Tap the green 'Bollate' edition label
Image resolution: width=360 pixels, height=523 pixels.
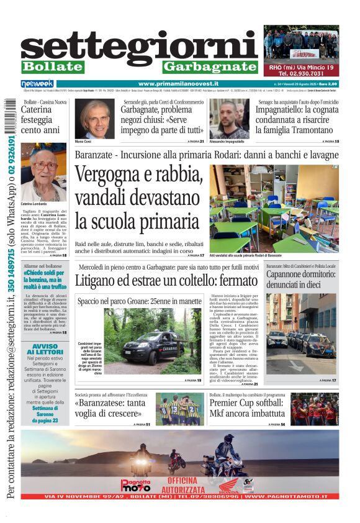click(52, 66)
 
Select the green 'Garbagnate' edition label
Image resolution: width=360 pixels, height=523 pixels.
click(210, 66)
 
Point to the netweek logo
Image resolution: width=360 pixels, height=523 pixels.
click(37, 84)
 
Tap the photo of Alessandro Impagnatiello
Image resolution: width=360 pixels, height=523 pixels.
click(229, 118)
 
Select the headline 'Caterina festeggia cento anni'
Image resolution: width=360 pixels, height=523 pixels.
click(40, 119)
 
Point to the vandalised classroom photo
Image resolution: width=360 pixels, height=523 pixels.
click(274, 208)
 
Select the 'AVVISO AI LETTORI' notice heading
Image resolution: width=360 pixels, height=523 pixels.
click(45, 350)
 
